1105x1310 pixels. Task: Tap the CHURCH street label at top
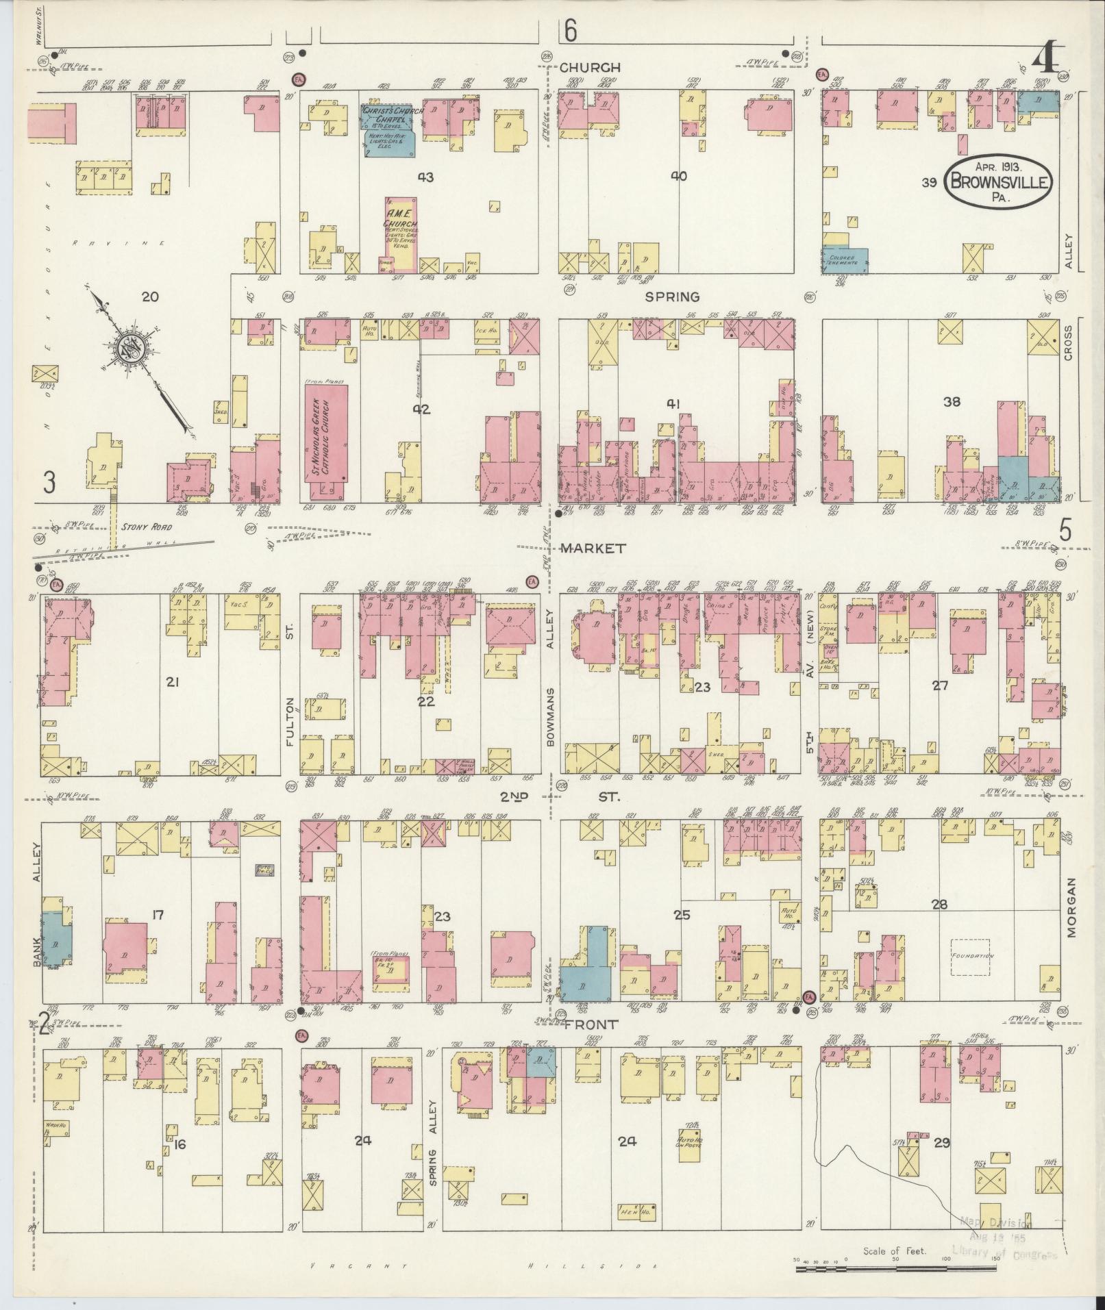tap(590, 67)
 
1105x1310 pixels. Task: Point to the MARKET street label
tap(593, 548)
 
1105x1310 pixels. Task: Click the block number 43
tap(425, 177)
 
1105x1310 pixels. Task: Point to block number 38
tap(952, 402)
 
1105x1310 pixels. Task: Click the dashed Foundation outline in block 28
tap(972, 956)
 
